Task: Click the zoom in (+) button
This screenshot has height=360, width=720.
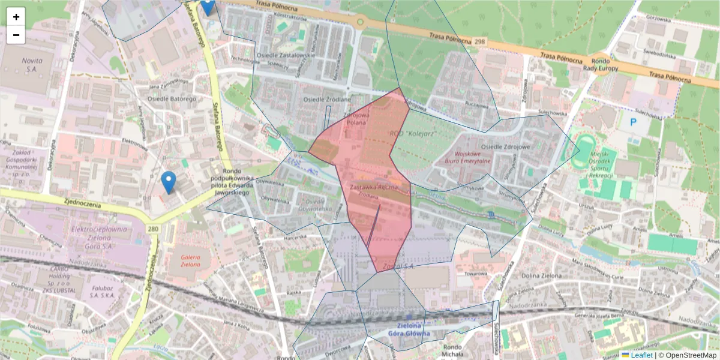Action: pos(16,17)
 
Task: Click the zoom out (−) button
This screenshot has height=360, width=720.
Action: pos(16,35)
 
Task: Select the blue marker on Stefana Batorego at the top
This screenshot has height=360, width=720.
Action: pos(207,6)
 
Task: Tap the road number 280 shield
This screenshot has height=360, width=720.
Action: pos(153,229)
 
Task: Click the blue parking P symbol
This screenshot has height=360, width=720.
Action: pos(633,122)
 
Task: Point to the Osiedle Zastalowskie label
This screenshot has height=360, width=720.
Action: pos(286,55)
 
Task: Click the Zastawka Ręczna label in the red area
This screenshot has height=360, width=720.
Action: pos(373,188)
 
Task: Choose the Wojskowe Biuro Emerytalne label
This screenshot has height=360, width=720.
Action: pos(468,157)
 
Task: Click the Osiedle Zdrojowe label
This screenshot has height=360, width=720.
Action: pos(506,147)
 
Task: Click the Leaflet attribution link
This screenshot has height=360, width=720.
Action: pos(641,355)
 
